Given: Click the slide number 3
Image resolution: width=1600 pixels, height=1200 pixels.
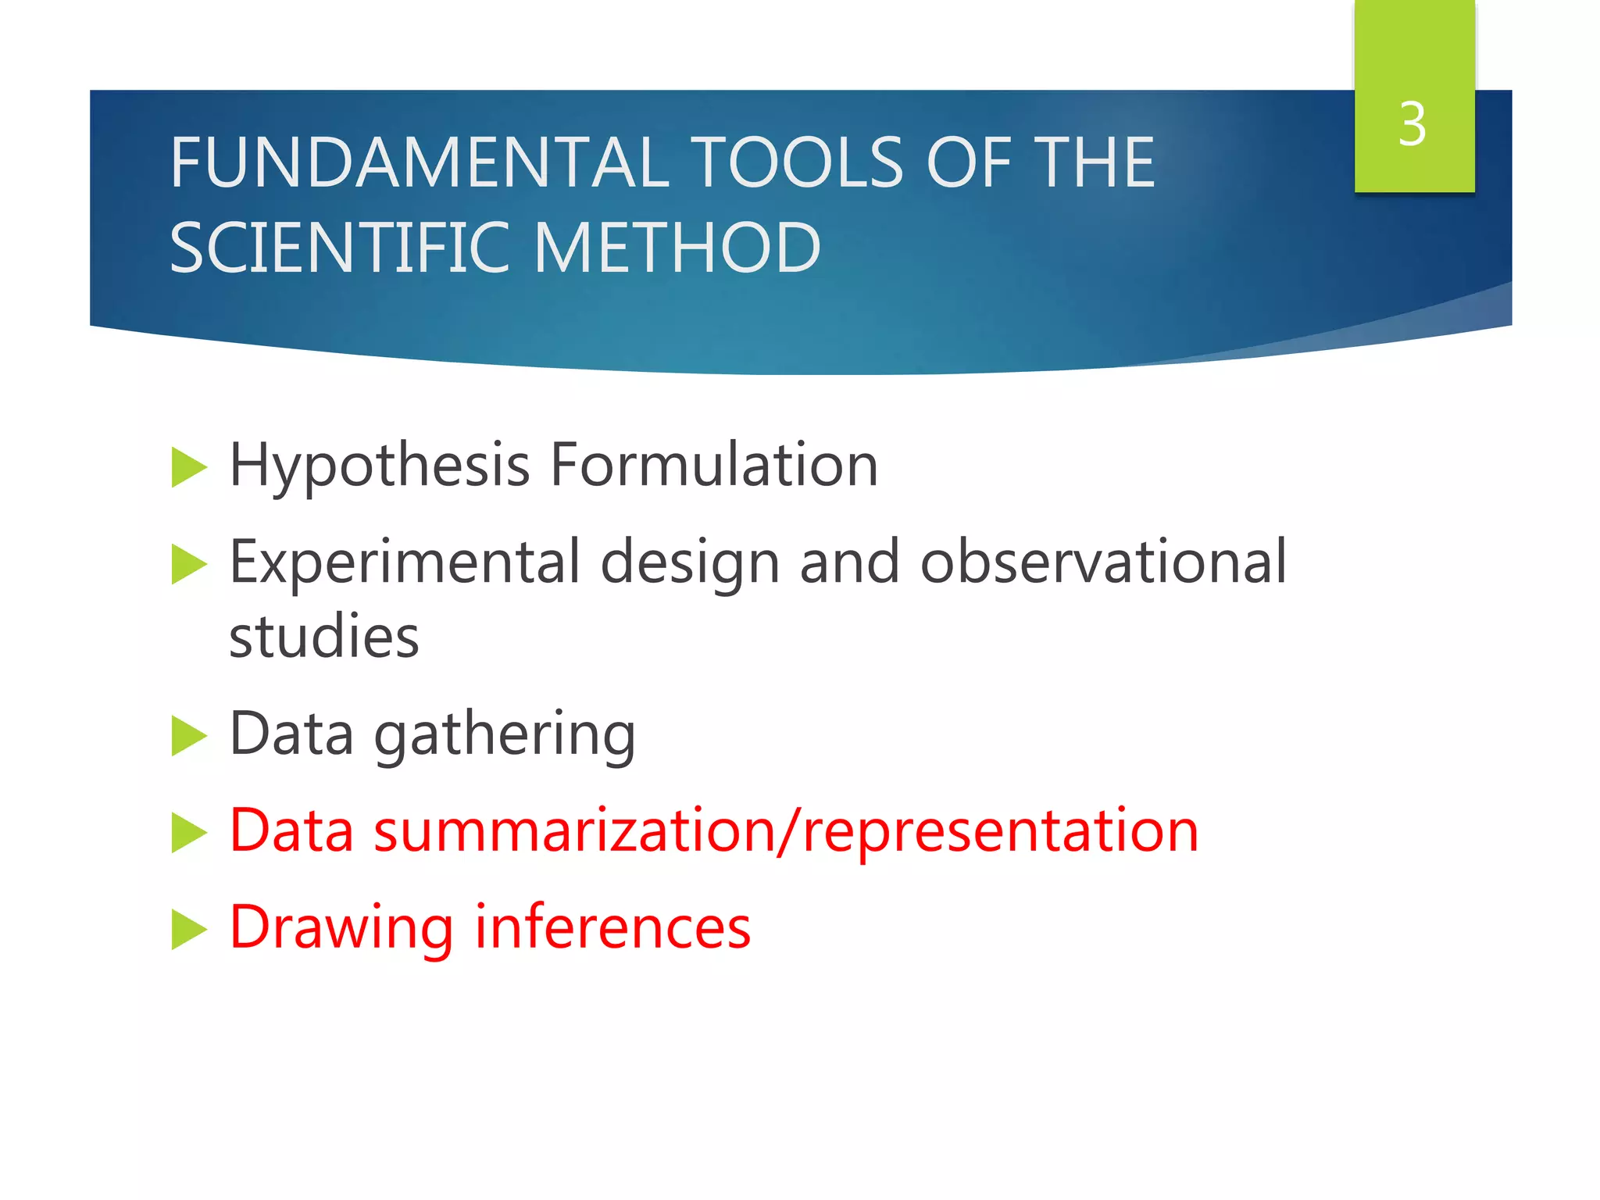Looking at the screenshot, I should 1412,124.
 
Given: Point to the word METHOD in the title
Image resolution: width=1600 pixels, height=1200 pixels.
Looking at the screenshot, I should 677,248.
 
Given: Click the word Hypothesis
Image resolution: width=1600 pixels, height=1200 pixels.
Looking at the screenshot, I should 379,466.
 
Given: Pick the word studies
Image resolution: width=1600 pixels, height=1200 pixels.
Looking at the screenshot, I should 323,636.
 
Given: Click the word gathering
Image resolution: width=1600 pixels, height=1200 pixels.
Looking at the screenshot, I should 505,735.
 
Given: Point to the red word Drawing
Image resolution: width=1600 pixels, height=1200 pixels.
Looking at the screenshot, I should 341,928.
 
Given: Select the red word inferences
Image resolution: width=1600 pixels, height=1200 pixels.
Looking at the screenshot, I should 612,927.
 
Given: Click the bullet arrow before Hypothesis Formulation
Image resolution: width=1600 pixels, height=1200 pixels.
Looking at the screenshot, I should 188,467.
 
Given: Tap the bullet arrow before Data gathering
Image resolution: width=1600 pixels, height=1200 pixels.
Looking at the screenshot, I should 188,736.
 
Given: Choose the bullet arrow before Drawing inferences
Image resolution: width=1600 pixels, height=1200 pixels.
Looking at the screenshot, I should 188,929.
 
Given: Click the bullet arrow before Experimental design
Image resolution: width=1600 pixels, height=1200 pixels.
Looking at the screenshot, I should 188,564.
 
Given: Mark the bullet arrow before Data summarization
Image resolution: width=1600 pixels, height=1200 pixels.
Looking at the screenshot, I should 188,832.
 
